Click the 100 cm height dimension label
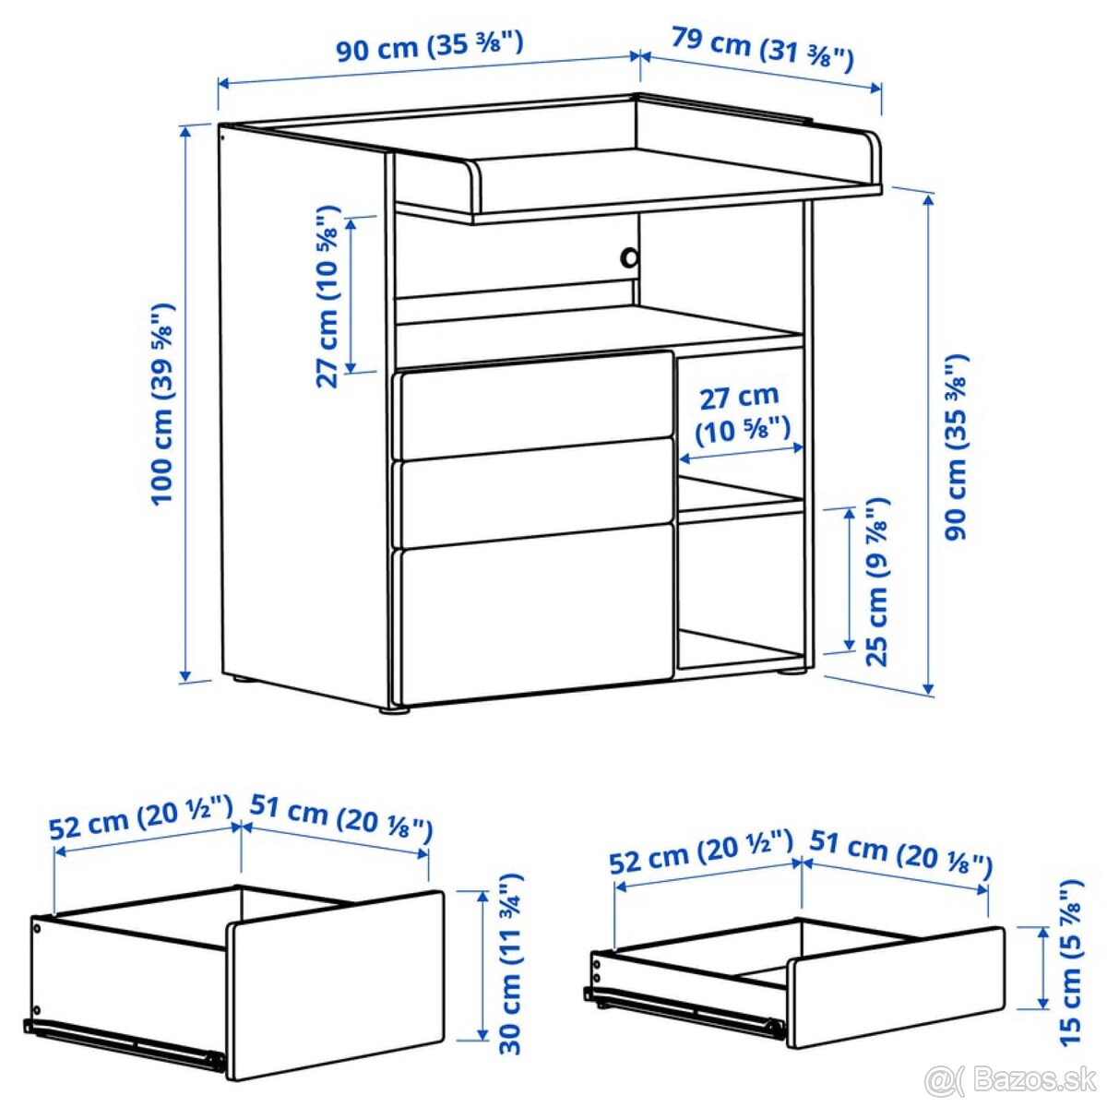coord(163,404)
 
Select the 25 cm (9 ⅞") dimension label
coord(878,581)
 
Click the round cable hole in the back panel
coord(629,256)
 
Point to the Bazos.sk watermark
coord(1013,1080)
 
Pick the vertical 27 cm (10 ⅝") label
coord(328,297)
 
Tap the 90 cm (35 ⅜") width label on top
coord(430,46)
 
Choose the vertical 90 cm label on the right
coord(957,447)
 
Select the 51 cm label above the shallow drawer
coord(901,854)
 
